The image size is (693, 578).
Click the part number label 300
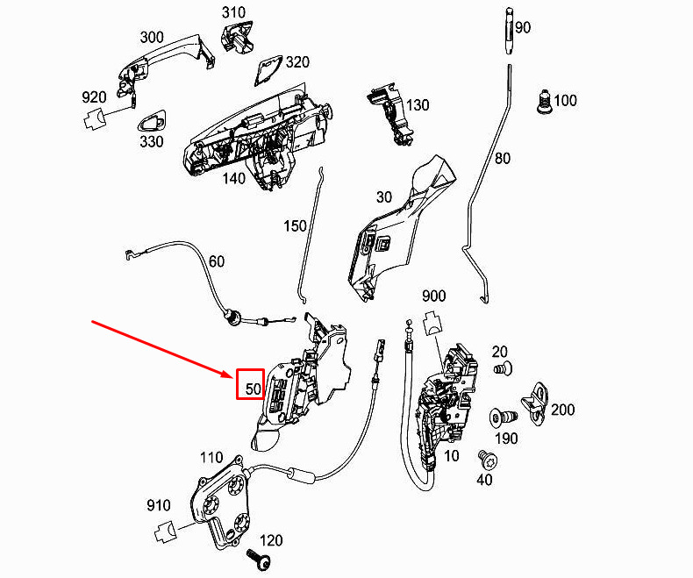click(152, 38)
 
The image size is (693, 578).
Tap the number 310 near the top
click(234, 12)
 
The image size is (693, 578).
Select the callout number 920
click(94, 97)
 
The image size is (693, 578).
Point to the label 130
click(417, 105)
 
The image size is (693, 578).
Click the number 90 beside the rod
click(523, 28)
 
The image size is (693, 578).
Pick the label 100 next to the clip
click(565, 101)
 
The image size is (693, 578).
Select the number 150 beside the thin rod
click(295, 226)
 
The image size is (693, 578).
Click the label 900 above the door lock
click(434, 295)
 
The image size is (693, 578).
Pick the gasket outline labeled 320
click(266, 69)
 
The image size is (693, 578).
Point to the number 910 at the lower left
click(159, 505)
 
